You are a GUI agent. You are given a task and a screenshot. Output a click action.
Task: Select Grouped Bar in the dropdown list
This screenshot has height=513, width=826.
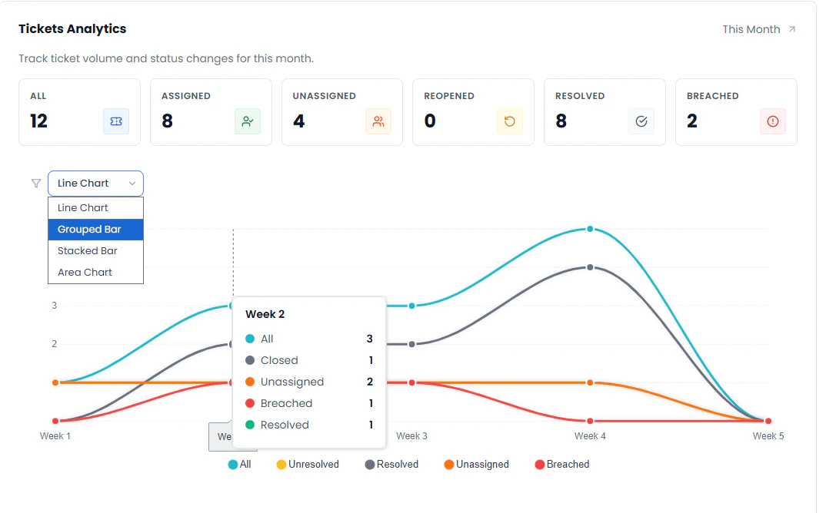coord(89,230)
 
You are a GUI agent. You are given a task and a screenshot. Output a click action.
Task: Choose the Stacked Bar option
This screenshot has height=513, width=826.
coord(88,251)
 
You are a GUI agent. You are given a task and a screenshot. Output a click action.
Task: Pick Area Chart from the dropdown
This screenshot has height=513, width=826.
coord(85,273)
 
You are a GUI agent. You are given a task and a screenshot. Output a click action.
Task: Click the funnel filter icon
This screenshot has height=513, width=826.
coord(36,184)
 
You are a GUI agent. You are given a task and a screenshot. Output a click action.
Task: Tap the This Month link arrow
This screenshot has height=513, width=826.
coord(793,30)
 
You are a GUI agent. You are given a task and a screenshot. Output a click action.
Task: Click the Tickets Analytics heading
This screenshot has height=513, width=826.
coord(72,29)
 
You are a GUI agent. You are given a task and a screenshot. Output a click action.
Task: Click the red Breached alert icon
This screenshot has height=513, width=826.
coord(773,121)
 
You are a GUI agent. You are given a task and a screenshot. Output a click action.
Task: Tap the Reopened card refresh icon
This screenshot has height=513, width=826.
coord(510,121)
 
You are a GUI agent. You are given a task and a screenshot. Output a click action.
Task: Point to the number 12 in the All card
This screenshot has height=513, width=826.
coord(38,121)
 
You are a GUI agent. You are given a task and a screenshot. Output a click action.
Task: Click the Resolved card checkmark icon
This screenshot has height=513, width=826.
coord(641,121)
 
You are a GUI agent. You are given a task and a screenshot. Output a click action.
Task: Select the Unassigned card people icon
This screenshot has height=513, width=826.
coord(378,121)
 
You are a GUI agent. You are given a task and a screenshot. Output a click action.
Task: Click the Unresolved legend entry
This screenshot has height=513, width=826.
coord(307,465)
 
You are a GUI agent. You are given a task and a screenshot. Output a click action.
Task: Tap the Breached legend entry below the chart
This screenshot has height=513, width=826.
coord(562,465)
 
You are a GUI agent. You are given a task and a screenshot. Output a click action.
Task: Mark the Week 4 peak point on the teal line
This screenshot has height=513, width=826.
coord(590,229)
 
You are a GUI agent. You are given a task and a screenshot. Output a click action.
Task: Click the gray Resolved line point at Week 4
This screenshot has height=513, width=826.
coord(590,267)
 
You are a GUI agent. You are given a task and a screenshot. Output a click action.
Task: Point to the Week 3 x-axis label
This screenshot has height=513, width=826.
coord(412,436)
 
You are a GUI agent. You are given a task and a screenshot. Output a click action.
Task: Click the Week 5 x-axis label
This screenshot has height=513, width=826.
coord(768,436)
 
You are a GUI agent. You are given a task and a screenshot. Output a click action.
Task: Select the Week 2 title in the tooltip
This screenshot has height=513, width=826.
coord(265,314)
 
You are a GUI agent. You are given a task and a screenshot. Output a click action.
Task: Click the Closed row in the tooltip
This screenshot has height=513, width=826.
coord(279,360)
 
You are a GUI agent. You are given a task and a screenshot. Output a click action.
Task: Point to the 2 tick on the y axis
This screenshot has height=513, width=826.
coord(54,344)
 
